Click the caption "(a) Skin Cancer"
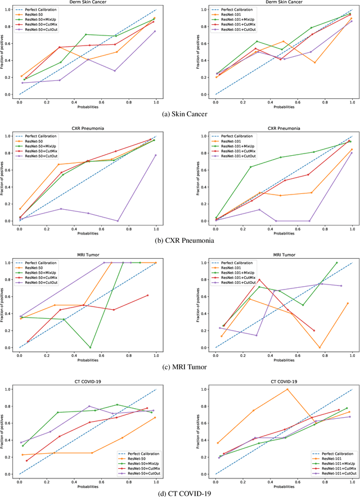179,114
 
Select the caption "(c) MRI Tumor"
179,367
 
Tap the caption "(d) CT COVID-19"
179,493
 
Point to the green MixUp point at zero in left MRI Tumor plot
90,347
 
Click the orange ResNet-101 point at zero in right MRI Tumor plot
319,347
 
